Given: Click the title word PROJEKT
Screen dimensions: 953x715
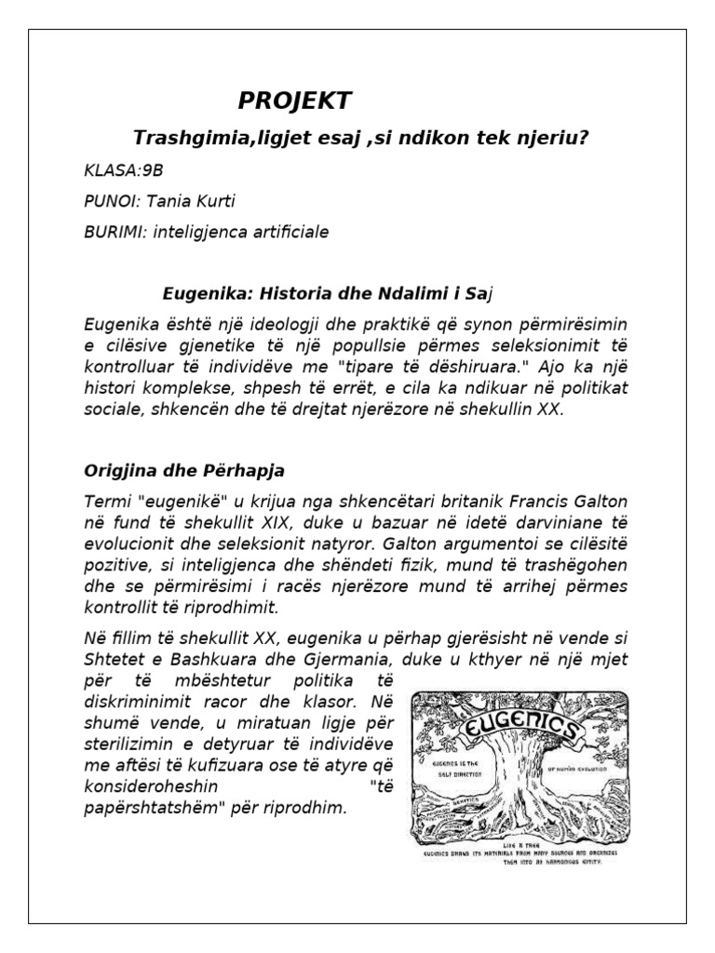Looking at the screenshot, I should [x=295, y=101].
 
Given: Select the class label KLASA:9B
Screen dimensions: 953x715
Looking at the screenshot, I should [x=115, y=169].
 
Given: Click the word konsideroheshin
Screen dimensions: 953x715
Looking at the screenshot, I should [x=151, y=786].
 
